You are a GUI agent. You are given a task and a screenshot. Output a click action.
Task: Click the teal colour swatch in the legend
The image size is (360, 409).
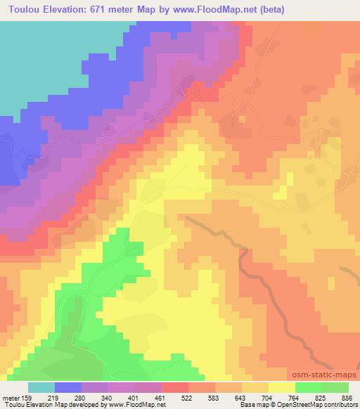tap(41, 388)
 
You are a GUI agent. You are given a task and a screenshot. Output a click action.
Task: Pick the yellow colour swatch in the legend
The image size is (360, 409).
tap(282, 388)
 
